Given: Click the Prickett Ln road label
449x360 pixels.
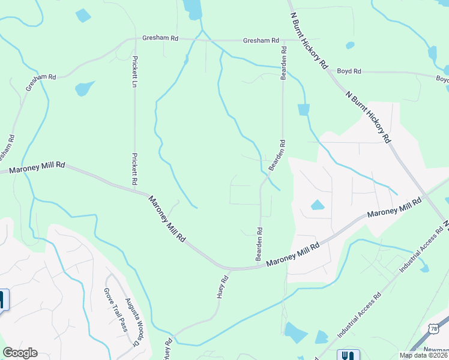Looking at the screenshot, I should tap(135, 70).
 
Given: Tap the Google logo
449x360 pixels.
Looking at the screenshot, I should tap(20, 353).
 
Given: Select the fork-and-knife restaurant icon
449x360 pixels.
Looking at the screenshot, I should tap(348, 355).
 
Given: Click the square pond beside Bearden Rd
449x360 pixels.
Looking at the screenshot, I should tap(304, 109).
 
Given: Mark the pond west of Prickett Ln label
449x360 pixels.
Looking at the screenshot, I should tap(84, 89).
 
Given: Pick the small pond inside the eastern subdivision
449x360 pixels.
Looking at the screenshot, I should tap(317, 205).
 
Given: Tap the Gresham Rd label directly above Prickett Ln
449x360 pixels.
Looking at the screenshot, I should tap(160, 38).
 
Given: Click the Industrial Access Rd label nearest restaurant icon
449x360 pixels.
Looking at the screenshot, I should tap(359, 315).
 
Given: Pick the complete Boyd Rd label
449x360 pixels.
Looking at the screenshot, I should tap(349, 71).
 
